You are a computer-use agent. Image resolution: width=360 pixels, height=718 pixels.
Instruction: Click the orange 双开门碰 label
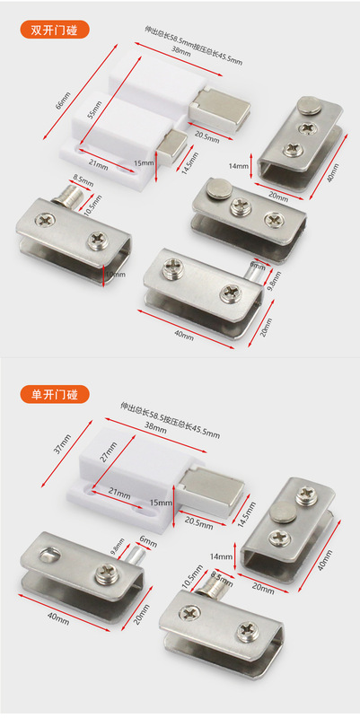click(x=55, y=28)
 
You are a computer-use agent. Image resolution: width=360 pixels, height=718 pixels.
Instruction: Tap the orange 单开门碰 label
click(x=55, y=393)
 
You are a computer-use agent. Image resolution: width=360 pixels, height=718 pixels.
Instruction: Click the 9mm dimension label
click(x=258, y=266)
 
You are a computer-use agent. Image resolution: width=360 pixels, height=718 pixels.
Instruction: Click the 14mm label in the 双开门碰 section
click(x=238, y=166)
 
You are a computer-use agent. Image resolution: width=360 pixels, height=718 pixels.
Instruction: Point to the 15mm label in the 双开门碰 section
click(x=144, y=162)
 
